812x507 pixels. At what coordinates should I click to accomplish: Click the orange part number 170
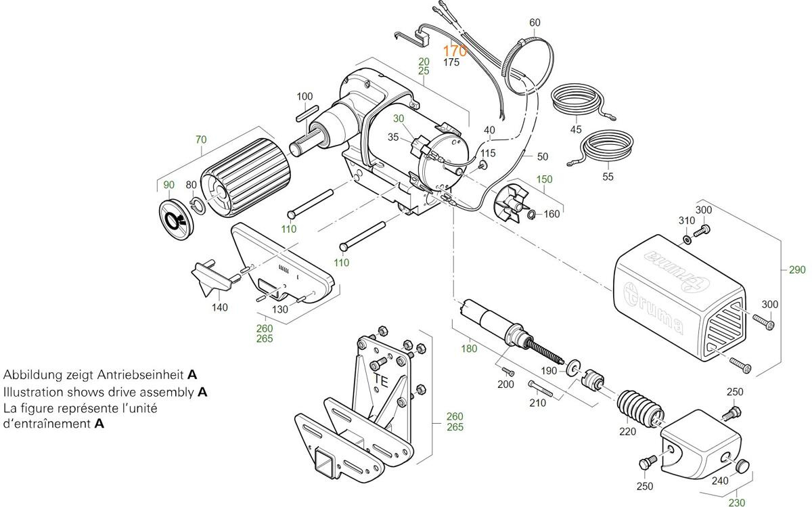(455, 51)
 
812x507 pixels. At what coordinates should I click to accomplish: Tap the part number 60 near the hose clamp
(535, 22)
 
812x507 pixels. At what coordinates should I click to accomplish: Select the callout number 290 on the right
(797, 270)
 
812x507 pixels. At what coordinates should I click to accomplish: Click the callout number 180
(468, 349)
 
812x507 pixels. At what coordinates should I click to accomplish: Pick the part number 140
(219, 307)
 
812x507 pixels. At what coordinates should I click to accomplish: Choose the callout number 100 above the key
(304, 97)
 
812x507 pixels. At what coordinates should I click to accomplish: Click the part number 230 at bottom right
(736, 502)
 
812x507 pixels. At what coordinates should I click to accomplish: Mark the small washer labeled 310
(687, 240)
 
